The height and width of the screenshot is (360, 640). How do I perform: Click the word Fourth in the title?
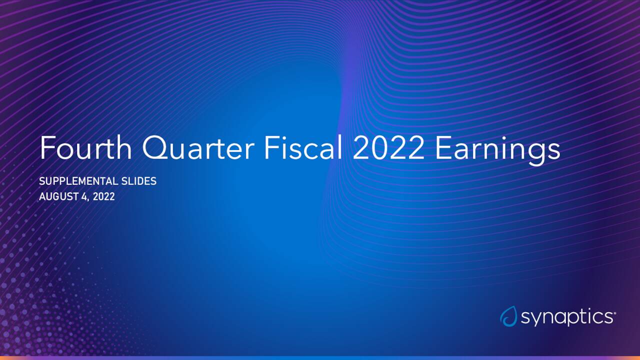click(85, 148)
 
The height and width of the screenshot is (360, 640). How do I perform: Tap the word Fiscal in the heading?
click(302, 148)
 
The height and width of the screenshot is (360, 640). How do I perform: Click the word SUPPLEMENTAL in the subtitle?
click(79, 181)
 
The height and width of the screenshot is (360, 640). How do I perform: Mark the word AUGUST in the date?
click(57, 196)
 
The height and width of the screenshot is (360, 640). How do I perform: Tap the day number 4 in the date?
click(83, 196)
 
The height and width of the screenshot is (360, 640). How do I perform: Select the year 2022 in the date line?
click(103, 196)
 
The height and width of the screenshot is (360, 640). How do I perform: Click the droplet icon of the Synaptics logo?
click(508, 316)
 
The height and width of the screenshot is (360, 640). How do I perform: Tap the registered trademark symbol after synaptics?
click(614, 313)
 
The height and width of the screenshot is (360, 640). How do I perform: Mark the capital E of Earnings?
click(442, 148)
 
